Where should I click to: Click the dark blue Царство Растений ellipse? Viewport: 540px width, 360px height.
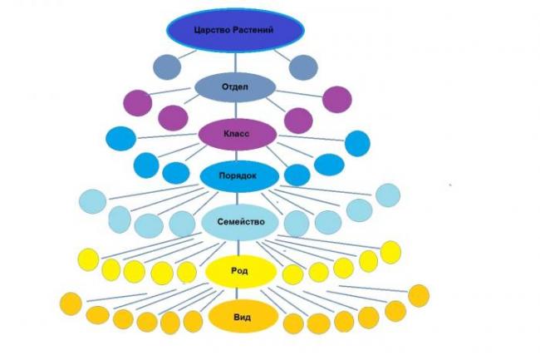pyautogui.click(x=236, y=30)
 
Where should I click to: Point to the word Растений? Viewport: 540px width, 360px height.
pyautogui.click(x=253, y=30)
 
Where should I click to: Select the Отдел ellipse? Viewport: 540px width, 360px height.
pyautogui.click(x=235, y=86)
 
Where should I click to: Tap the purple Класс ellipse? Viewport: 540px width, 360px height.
pyautogui.click(x=238, y=134)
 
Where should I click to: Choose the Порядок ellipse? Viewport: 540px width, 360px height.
pyautogui.click(x=239, y=175)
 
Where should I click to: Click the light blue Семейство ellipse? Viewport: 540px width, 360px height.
pyautogui.click(x=240, y=222)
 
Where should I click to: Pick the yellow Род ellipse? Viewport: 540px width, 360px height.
pyautogui.click(x=241, y=271)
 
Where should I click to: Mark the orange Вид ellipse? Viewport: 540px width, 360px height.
pyautogui.click(x=243, y=317)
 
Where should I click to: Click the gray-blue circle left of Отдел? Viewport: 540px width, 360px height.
pyautogui.click(x=167, y=67)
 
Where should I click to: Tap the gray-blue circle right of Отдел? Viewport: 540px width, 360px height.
pyautogui.click(x=303, y=67)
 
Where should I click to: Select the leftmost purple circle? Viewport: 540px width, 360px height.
pyautogui.click(x=138, y=103)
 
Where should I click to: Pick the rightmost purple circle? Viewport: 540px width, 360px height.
pyautogui.click(x=337, y=100)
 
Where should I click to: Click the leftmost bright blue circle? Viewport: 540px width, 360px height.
pyautogui.click(x=121, y=139)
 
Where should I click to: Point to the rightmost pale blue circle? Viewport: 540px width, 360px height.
pyautogui.click(x=388, y=195)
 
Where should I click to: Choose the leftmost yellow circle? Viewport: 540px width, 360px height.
pyautogui.click(x=89, y=259)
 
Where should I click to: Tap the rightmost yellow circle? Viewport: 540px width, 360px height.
pyautogui.click(x=391, y=253)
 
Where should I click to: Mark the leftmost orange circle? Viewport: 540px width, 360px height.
pyautogui.click(x=71, y=303)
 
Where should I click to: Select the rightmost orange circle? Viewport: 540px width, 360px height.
pyautogui.click(x=419, y=296)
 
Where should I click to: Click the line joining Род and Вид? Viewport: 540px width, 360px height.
pyautogui.click(x=237, y=293)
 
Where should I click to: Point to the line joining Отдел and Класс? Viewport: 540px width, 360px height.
pyautogui.click(x=236, y=111)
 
